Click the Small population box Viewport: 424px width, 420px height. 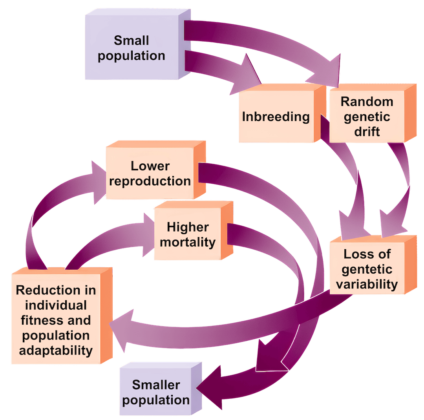click(132, 47)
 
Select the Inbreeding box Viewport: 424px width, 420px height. click(276, 117)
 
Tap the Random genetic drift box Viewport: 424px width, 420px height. click(367, 116)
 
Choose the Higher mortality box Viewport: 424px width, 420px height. click(188, 234)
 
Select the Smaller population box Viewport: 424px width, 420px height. click(156, 392)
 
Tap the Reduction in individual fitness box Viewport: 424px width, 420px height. click(56, 320)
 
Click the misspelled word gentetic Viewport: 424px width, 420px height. click(367, 269)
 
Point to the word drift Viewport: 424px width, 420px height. click(367, 131)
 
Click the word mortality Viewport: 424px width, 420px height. click(188, 242)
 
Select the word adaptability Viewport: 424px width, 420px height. click(56, 350)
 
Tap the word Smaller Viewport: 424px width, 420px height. click(156, 385)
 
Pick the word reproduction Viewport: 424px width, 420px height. click(156, 181)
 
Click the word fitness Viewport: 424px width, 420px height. click(39, 320)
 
